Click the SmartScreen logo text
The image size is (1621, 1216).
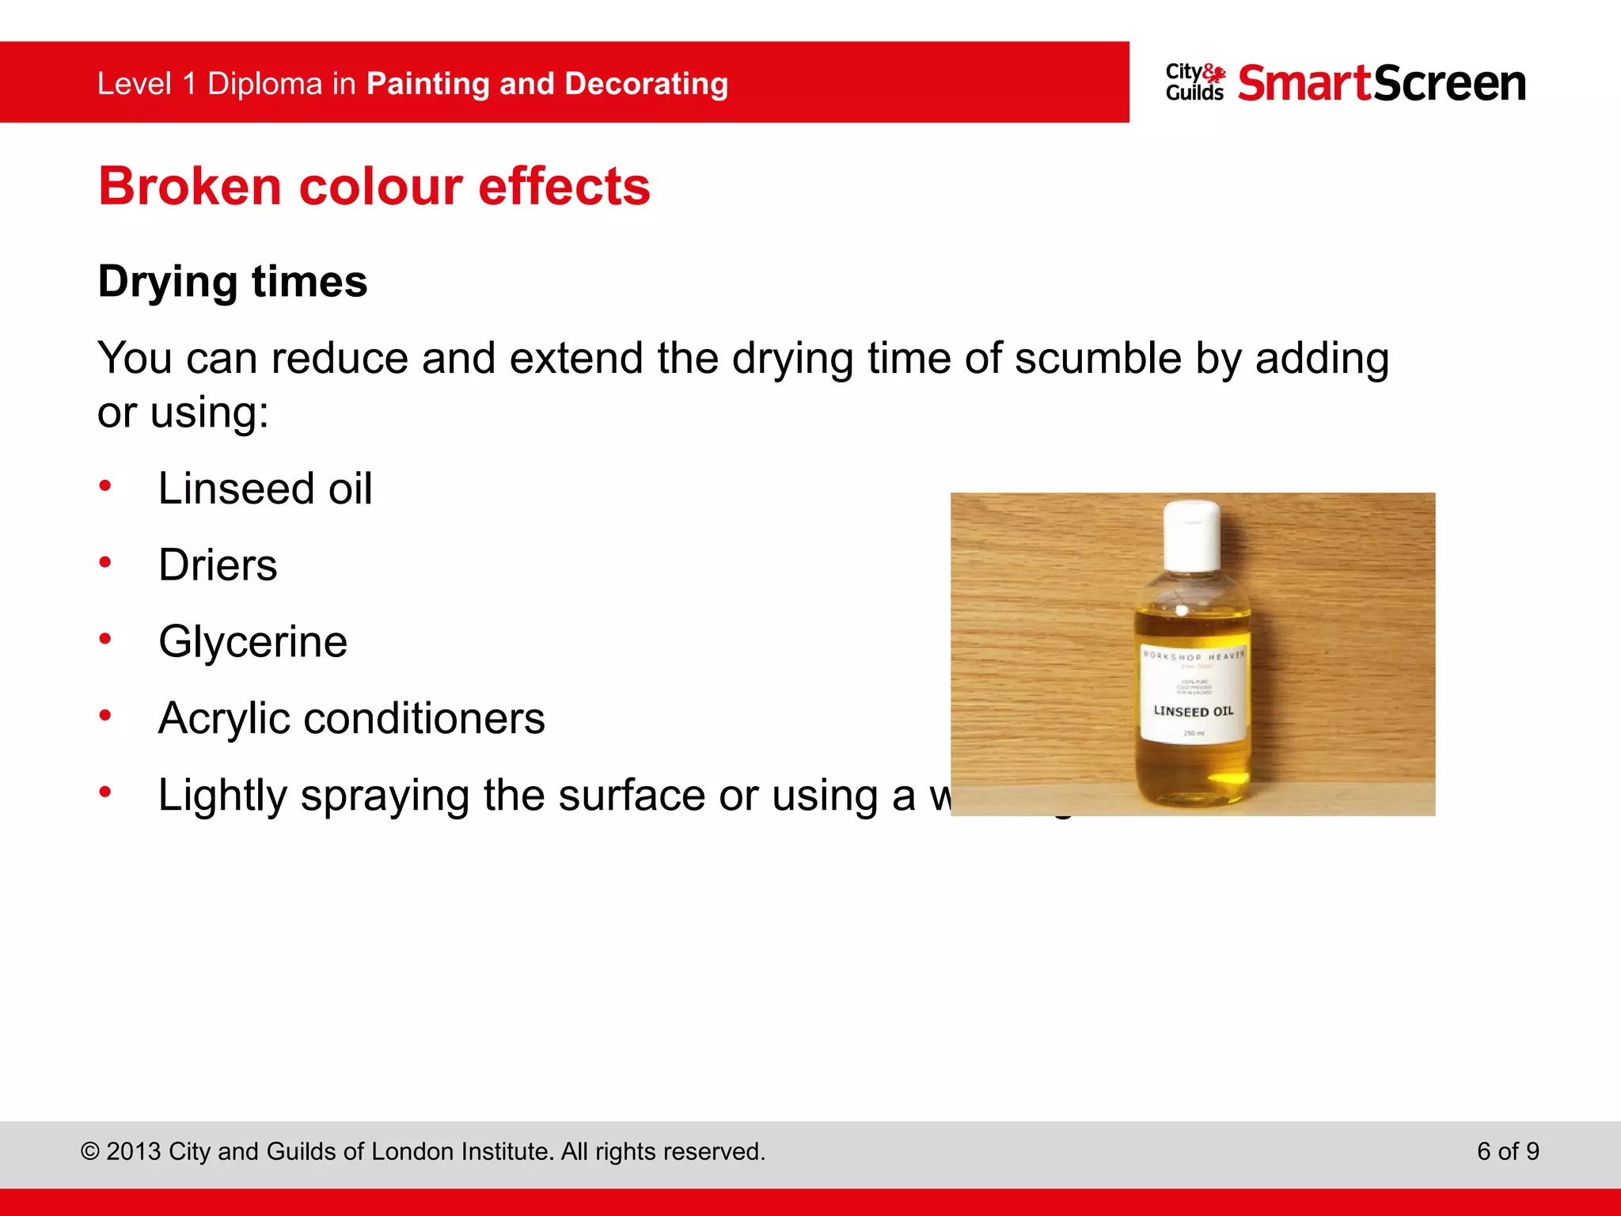[x=1381, y=83]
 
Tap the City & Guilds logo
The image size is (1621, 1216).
[x=1194, y=82]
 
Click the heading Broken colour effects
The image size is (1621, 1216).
[x=374, y=187]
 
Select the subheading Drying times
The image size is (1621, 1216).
[x=233, y=282]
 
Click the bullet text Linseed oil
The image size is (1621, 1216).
[x=264, y=488]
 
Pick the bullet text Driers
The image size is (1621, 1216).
[x=218, y=565]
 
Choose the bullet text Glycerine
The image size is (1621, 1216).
[x=252, y=641]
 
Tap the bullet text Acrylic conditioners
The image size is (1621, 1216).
[x=351, y=718]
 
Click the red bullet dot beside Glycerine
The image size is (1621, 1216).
[x=105, y=639]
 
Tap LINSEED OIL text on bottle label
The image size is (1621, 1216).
[x=1194, y=711]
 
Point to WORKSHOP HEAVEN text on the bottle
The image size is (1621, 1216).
[x=1194, y=656]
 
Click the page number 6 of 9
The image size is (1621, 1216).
[x=1507, y=1151]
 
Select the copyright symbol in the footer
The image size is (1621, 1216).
[x=90, y=1152]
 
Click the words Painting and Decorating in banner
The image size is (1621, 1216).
[x=547, y=84]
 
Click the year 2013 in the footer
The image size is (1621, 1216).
[x=134, y=1152]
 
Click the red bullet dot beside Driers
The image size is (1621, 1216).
[x=105, y=563]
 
